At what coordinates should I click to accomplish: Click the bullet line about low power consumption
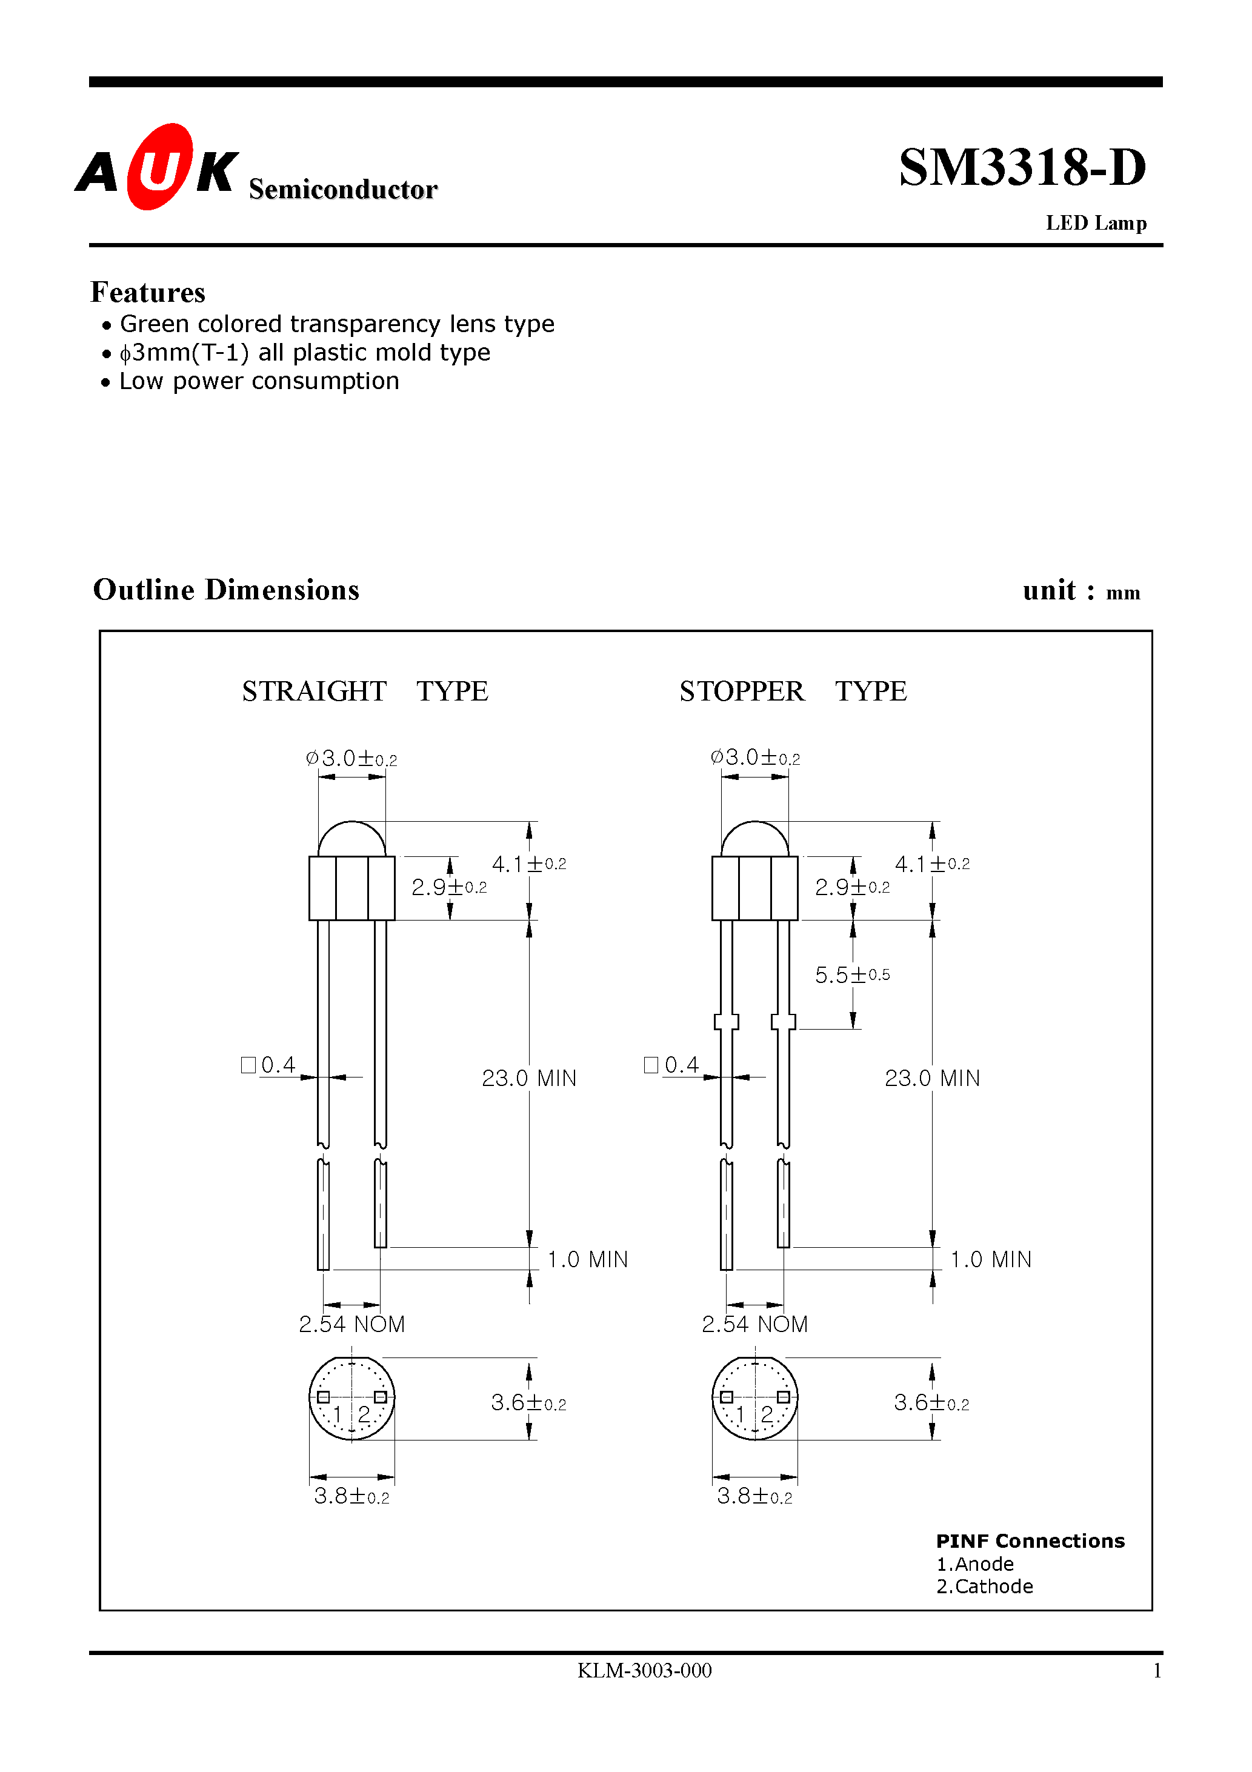259,381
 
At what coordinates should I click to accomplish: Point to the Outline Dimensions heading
226,590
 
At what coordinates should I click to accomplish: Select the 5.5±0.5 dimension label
852,974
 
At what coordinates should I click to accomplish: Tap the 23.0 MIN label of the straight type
529,1078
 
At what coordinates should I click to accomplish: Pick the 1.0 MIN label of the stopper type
990,1259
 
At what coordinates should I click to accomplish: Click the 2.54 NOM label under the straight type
351,1324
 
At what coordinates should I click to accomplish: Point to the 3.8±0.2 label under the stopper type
754,1496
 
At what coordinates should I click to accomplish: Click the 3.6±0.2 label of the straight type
528,1403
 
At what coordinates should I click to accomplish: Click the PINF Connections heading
1030,1541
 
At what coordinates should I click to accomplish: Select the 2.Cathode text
984,1586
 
